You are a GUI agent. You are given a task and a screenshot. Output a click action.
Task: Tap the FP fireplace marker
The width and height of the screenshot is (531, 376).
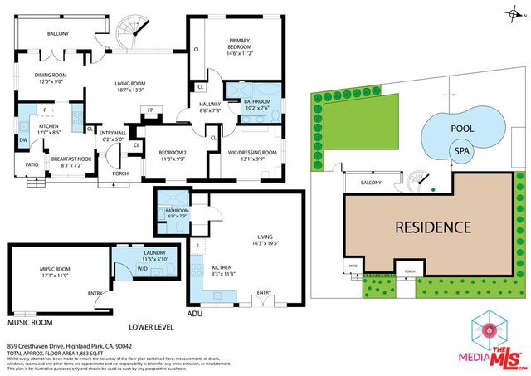150,110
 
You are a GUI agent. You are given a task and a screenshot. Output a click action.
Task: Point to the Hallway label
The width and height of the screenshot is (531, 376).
209,103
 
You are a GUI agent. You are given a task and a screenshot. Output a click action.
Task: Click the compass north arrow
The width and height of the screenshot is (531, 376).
515,11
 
